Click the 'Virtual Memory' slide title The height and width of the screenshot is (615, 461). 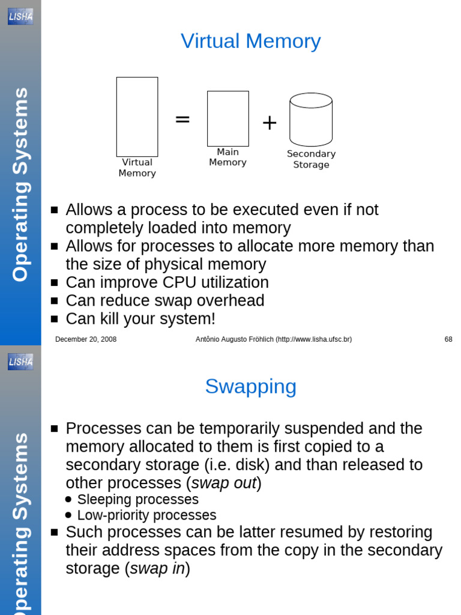click(250, 41)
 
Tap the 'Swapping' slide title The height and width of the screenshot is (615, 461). click(250, 387)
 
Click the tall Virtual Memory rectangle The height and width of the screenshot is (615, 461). click(137, 117)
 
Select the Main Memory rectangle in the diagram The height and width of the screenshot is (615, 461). click(227, 118)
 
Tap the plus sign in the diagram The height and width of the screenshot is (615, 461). click(270, 123)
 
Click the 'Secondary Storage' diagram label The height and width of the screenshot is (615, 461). click(311, 159)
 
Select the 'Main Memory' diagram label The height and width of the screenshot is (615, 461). click(227, 157)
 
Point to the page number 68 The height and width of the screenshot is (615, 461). click(448, 339)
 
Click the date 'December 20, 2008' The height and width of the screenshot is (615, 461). click(86, 339)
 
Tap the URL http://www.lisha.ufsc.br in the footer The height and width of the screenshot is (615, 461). click(313, 339)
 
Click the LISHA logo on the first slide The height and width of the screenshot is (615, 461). click(20, 16)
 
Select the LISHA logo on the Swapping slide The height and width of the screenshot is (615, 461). click(20, 361)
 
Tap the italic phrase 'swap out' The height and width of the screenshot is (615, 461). click(224, 483)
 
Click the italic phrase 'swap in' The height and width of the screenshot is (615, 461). click(157, 569)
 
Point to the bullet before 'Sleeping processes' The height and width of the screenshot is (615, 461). click(68, 500)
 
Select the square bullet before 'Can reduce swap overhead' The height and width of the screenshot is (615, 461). click(55, 301)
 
